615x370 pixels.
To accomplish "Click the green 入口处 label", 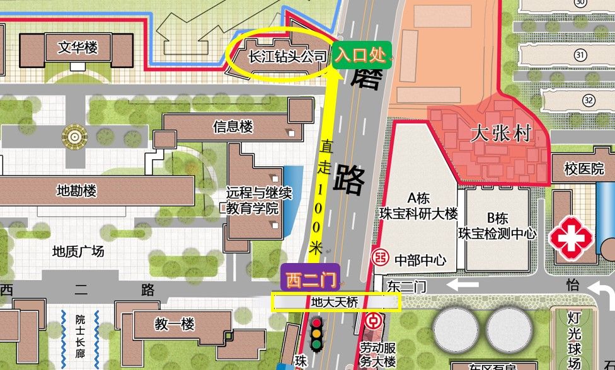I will (x=361, y=55).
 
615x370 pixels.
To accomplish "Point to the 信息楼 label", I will (x=233, y=126).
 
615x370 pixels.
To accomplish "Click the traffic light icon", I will (x=316, y=334).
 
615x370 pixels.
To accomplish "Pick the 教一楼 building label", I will (x=175, y=325).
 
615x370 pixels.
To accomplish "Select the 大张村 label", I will (x=502, y=133).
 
